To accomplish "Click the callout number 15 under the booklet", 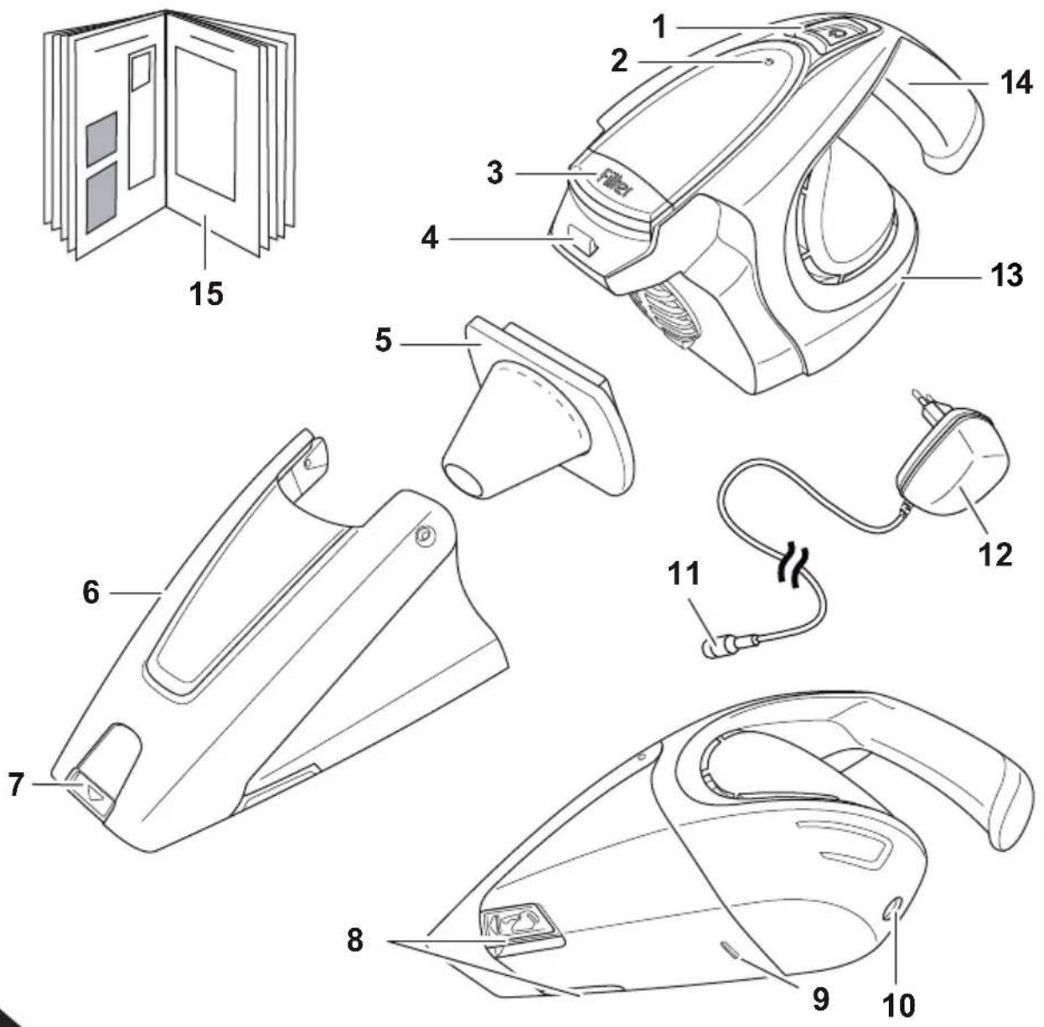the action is (206, 293).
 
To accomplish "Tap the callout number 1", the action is (659, 27).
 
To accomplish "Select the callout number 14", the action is (1016, 84).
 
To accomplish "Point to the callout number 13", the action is (1007, 275).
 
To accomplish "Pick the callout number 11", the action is (684, 574).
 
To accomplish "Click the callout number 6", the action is (90, 592).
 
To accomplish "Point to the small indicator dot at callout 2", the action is (767, 62).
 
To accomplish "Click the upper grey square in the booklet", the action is (101, 139).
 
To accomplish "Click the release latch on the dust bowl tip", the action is (92, 796).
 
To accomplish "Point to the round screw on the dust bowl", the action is (424, 536).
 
